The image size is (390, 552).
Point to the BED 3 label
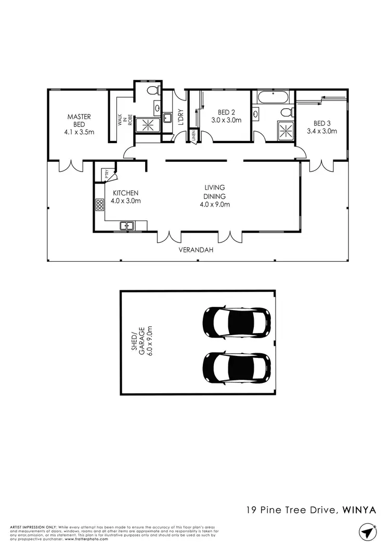point(322,123)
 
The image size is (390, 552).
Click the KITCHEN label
point(125,193)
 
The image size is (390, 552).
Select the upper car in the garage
point(237,322)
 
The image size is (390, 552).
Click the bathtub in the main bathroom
point(272,97)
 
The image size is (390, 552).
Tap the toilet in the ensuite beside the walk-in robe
point(153,91)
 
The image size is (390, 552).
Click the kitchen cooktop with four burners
point(99,204)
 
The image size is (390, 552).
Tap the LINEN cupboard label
point(193,136)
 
